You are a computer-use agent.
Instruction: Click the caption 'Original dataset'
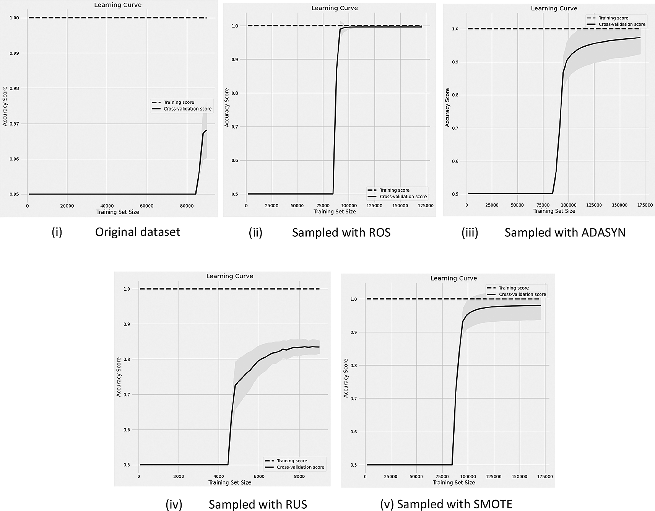(x=137, y=232)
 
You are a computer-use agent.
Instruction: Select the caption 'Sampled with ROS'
(x=341, y=233)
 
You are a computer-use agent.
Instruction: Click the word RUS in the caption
(x=295, y=504)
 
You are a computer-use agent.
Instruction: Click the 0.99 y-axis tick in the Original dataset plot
(x=14, y=53)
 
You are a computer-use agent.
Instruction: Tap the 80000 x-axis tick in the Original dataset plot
(x=187, y=206)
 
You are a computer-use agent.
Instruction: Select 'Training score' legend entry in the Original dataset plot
(x=179, y=102)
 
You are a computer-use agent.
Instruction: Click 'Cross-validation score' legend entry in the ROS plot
(x=403, y=197)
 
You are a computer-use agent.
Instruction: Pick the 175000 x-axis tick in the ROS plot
(x=426, y=206)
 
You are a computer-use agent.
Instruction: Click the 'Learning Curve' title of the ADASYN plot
(x=554, y=8)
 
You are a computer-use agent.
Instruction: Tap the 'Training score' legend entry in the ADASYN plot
(x=613, y=18)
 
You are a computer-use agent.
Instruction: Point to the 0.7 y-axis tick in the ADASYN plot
(x=455, y=128)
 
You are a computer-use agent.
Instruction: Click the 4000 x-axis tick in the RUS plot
(x=218, y=476)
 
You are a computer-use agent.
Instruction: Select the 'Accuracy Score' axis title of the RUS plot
(x=119, y=377)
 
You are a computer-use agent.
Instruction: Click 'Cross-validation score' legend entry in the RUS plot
(x=301, y=467)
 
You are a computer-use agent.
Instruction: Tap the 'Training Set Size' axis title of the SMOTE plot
(x=453, y=483)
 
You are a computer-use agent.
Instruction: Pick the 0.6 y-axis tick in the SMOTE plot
(x=354, y=432)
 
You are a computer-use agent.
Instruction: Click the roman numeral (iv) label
(x=174, y=504)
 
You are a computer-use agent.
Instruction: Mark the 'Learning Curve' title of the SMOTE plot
(x=453, y=278)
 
